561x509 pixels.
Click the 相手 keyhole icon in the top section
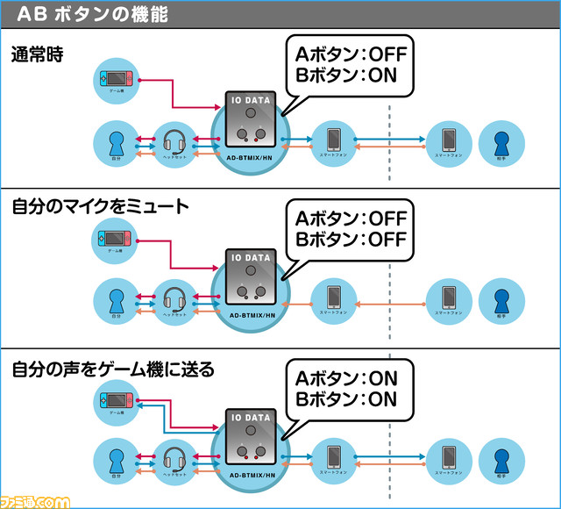tap(502, 141)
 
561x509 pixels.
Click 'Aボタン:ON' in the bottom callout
tap(347, 377)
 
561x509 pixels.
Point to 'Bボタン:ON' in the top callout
tap(347, 75)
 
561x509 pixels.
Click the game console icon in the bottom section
tap(115, 403)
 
